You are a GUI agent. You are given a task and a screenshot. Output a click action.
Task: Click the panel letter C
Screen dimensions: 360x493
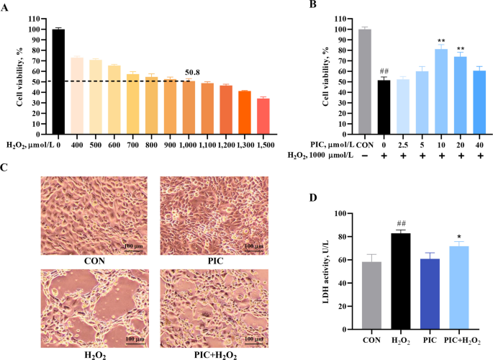[x=6, y=168]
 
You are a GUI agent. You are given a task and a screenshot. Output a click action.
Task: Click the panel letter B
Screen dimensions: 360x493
[x=312, y=6]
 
